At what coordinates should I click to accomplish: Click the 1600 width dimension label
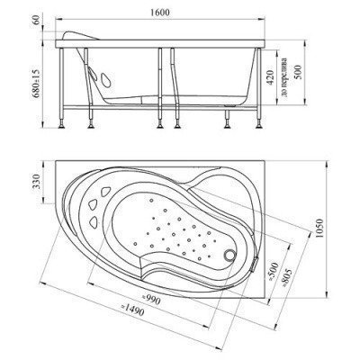click(160, 13)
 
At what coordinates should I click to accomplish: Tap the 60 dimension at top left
click(36, 21)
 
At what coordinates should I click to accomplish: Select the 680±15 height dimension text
click(36, 83)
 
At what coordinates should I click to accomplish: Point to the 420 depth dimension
click(269, 77)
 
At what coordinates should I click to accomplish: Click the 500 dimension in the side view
click(300, 72)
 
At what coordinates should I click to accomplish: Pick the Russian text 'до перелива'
click(284, 77)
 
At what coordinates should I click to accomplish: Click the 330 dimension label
click(36, 181)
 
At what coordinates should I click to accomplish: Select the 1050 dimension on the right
click(319, 229)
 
